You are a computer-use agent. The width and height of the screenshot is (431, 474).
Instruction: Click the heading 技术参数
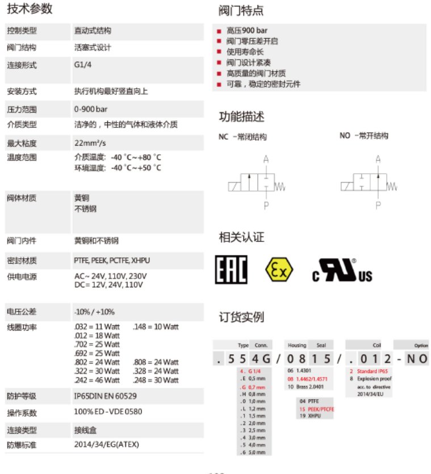tap(30, 9)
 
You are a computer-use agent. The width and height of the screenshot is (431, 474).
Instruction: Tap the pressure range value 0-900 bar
tap(90, 109)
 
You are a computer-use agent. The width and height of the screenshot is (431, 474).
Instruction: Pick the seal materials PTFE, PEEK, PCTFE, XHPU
tap(112, 261)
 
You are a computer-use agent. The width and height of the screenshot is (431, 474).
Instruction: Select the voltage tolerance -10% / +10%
tap(94, 312)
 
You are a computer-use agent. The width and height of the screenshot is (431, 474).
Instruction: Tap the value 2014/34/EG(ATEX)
tap(106, 444)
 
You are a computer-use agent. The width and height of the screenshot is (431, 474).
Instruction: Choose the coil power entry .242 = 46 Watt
tap(97, 380)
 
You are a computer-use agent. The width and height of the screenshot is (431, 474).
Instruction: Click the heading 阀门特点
tap(241, 11)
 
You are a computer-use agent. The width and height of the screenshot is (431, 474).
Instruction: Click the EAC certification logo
tap(231, 270)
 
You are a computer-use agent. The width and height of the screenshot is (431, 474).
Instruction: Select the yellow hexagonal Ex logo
tap(279, 270)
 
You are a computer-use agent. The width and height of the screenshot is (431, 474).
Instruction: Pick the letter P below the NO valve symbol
tap(378, 204)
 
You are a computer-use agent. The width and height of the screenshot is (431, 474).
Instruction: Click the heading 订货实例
tap(241, 317)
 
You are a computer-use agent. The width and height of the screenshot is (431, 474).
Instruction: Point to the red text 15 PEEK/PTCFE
tap(316, 409)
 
